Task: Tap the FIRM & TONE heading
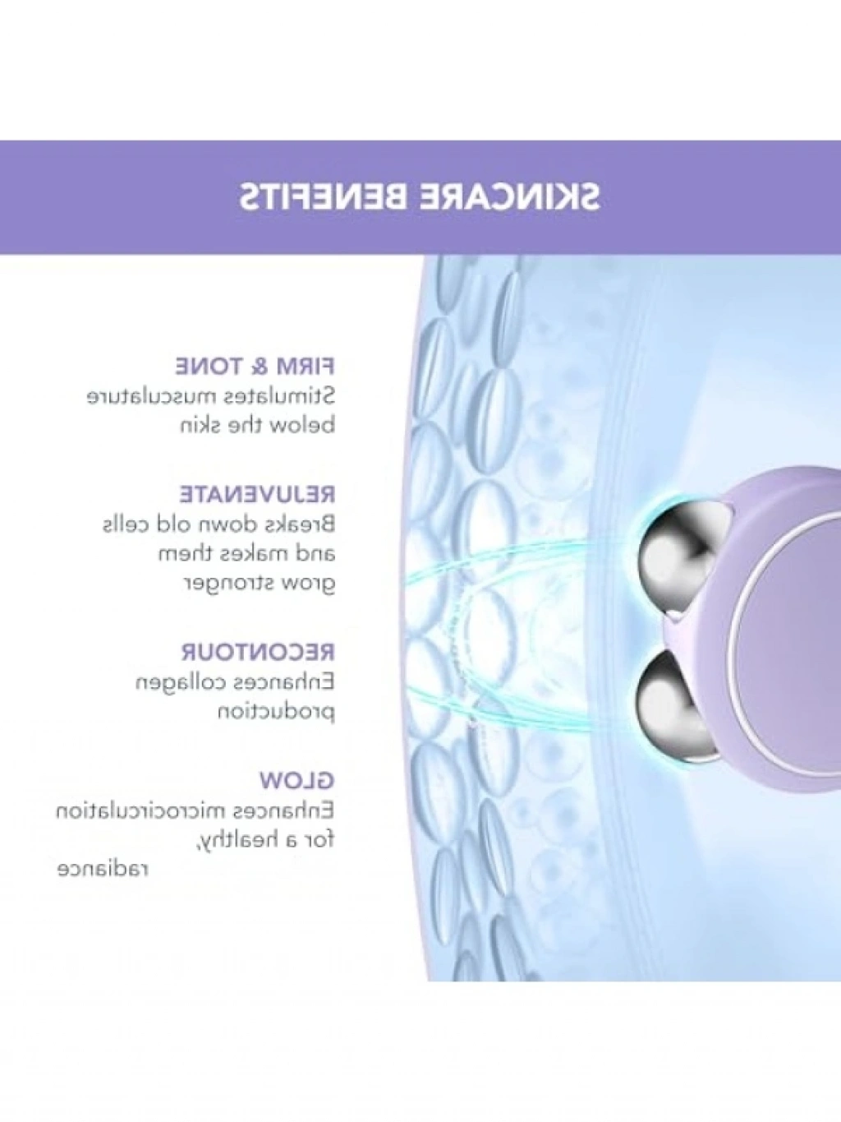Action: coord(255,367)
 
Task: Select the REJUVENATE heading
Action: coord(257,495)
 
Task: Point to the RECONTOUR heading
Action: coord(259,653)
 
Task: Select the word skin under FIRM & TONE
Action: coord(202,426)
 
